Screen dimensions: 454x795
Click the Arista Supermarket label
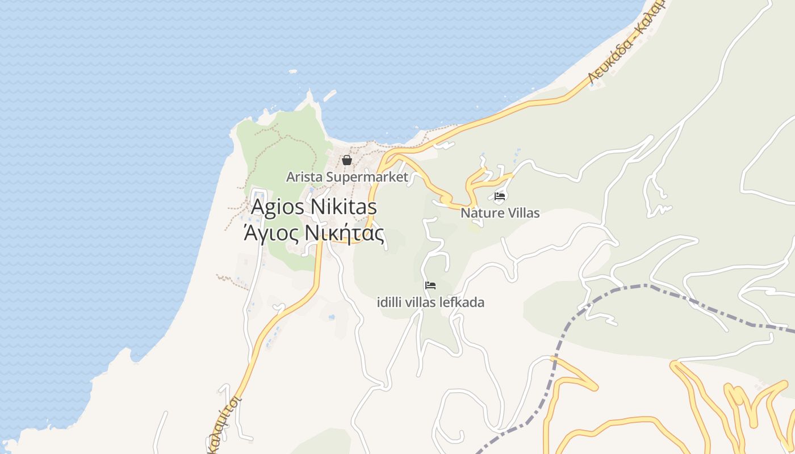347,177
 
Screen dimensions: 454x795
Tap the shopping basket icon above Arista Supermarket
347,161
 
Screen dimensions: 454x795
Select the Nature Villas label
500,213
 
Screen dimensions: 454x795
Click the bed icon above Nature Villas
500,197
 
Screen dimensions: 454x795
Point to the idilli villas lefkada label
430,302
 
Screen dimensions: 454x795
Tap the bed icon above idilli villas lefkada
430,285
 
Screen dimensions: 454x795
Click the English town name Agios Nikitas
314,207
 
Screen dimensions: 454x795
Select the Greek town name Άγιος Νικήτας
314,233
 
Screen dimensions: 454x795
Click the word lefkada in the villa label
462,302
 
